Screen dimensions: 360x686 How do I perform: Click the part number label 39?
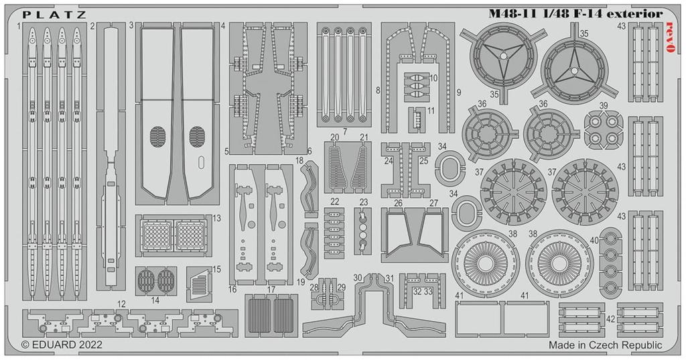[x=604, y=106]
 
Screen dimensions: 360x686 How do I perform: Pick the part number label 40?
[x=594, y=241]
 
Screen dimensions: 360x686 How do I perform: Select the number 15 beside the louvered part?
[x=216, y=269]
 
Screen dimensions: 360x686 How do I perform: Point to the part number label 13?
[x=216, y=219]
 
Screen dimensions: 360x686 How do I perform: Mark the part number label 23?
[x=364, y=202]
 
